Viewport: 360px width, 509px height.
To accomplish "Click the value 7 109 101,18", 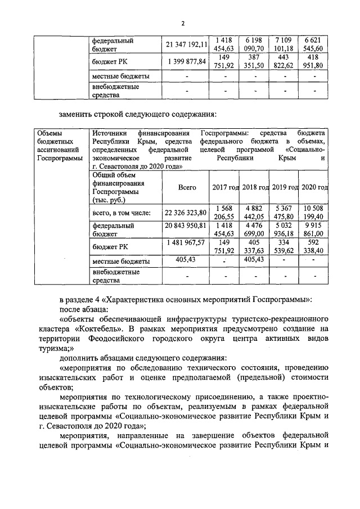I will [284, 44].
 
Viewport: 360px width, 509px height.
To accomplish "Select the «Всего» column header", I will [187, 187].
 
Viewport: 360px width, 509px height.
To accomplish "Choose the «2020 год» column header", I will [315, 187].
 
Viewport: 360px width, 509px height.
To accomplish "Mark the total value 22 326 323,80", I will [186, 213].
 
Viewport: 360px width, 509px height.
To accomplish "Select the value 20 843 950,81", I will [186, 225].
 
